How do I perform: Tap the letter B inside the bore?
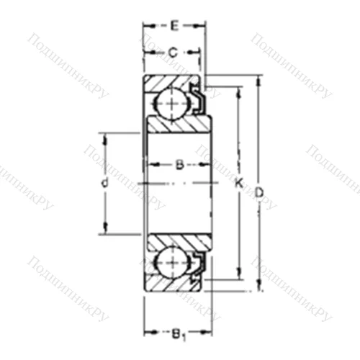[x=179, y=165]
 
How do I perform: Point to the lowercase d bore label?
[x=104, y=184]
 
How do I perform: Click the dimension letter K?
[x=239, y=184]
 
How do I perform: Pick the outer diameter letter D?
[x=260, y=191]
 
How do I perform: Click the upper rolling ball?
[x=171, y=103]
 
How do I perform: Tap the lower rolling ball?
[x=171, y=264]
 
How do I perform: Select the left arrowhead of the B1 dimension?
[x=147, y=333]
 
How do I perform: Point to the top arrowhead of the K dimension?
[x=238, y=91]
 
